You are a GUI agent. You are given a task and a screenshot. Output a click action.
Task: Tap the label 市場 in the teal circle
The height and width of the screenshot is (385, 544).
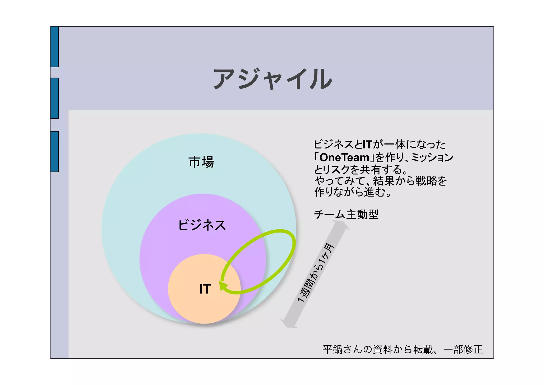click(201, 162)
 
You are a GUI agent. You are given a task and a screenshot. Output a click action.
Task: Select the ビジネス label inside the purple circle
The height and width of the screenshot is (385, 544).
click(202, 225)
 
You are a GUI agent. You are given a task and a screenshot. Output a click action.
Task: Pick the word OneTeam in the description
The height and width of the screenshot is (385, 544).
click(344, 158)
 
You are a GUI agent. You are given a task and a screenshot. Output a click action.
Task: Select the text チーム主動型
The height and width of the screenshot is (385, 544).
click(346, 214)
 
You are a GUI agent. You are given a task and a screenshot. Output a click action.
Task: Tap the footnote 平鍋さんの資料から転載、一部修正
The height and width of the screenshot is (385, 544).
click(403, 349)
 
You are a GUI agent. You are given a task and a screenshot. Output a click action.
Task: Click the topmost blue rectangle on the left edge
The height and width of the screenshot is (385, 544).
click(54, 47)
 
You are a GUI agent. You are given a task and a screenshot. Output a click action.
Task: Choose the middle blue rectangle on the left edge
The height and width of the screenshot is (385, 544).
click(54, 98)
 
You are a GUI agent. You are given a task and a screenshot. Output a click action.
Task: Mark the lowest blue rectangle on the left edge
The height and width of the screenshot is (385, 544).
click(54, 151)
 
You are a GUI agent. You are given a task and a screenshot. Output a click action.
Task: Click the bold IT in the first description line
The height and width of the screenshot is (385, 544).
click(368, 144)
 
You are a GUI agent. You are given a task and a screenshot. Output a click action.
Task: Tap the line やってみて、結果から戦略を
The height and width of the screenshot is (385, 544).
click(381, 181)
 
